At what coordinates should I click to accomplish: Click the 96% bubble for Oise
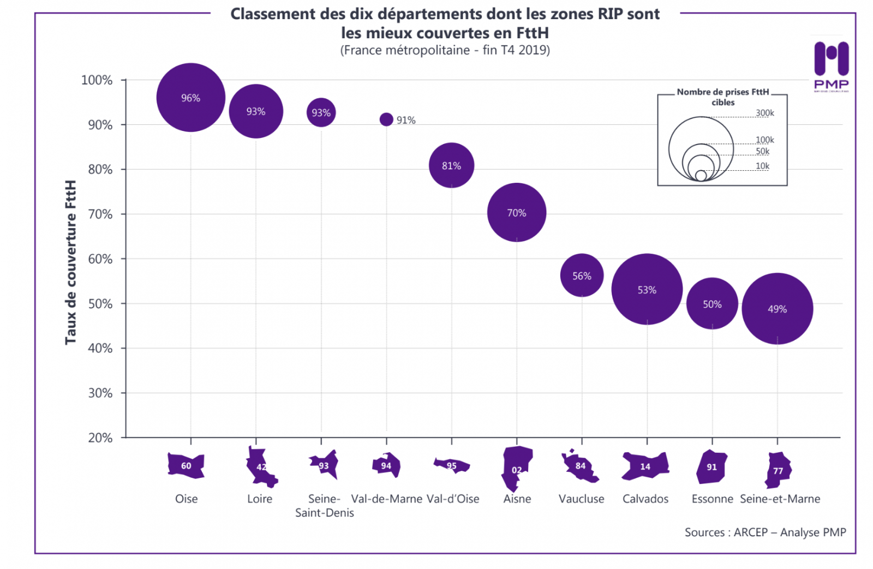click(190, 98)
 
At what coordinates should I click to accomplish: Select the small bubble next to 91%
click(386, 119)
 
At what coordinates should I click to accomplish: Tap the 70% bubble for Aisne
click(516, 213)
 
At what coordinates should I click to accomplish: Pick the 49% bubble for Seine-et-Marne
click(777, 309)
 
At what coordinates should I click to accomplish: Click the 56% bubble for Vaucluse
click(582, 275)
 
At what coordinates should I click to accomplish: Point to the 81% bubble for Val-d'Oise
click(451, 165)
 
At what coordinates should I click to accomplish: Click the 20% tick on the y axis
click(100, 438)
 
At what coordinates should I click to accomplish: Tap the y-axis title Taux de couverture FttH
click(70, 262)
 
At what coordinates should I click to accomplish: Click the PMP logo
click(831, 65)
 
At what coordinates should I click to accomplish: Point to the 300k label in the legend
click(764, 113)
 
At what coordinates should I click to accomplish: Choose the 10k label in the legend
click(762, 166)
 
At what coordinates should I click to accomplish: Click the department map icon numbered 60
click(186, 465)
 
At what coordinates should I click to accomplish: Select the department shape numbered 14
click(645, 466)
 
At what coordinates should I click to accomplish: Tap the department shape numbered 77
click(778, 470)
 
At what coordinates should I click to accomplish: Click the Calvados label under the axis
click(645, 499)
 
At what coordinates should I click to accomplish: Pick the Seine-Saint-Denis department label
click(324, 506)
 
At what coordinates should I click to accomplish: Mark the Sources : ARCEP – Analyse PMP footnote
click(765, 532)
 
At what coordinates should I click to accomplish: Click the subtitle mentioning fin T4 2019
click(445, 50)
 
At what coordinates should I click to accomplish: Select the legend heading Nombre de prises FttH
click(722, 97)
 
